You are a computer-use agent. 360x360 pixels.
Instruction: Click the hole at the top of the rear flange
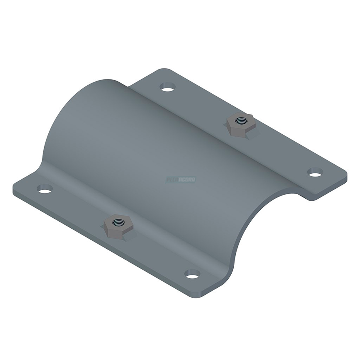pyautogui.click(x=167, y=87)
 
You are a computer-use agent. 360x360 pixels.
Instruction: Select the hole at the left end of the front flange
pyautogui.click(x=44, y=189)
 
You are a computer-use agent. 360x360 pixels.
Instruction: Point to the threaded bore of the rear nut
pyautogui.click(x=240, y=121)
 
